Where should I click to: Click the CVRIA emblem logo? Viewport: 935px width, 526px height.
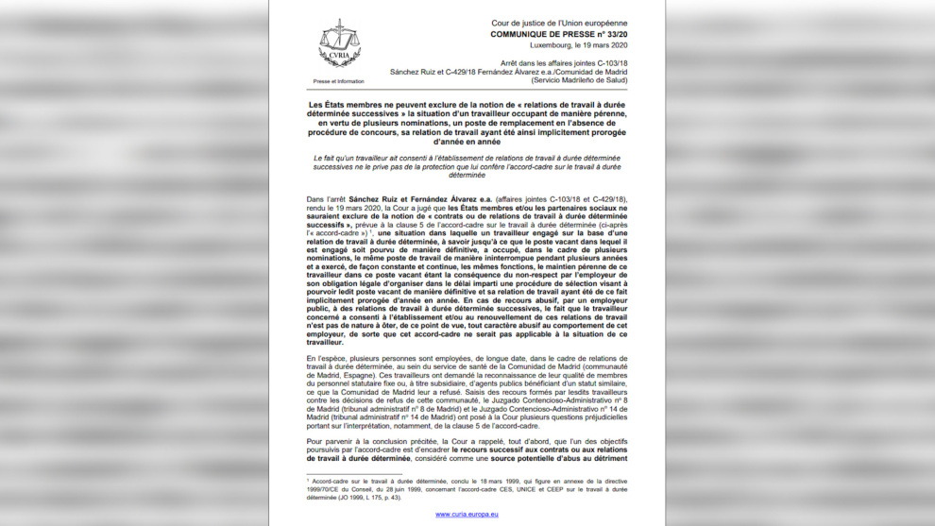(x=339, y=43)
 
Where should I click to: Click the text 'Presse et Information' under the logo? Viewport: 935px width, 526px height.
(x=338, y=81)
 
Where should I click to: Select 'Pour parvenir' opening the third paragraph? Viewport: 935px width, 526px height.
(x=331, y=441)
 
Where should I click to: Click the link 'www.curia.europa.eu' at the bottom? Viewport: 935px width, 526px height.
(x=467, y=514)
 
